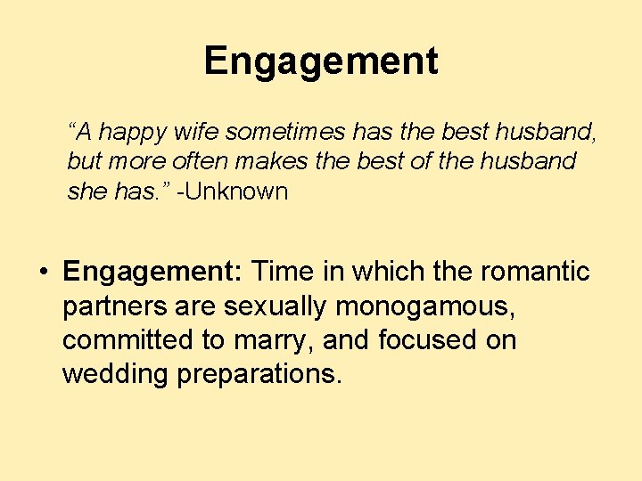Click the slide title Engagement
320,61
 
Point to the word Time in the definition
283,271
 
